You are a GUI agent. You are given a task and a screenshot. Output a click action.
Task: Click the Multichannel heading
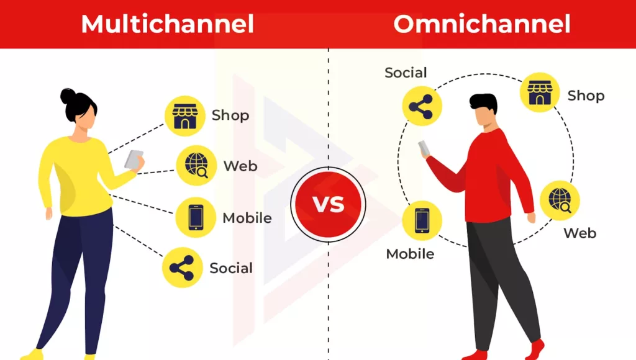167,24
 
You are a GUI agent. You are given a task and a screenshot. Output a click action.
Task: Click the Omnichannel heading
481,24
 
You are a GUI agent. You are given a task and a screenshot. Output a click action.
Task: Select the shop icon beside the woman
184,116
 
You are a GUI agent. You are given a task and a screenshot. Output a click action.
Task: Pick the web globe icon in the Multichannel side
196,166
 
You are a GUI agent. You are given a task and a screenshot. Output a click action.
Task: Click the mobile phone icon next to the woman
195,217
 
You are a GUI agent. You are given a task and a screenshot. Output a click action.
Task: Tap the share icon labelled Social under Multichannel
182,268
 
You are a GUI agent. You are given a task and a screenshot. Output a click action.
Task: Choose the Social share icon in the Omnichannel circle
422,106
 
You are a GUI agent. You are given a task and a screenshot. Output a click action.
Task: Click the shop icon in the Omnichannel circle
539,92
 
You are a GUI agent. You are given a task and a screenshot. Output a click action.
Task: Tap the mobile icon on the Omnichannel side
422,220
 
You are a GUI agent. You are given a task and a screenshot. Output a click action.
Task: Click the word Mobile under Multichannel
247,218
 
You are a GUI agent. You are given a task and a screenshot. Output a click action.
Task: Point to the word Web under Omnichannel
579,233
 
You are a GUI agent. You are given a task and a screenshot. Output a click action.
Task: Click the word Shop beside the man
586,96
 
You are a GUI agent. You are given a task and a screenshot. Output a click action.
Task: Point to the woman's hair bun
67,96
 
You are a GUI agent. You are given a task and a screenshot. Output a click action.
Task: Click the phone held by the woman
134,160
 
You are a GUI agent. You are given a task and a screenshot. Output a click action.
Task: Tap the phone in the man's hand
424,148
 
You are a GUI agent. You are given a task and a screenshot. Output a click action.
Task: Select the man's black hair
483,102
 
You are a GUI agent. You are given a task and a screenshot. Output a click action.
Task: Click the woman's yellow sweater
75,177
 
